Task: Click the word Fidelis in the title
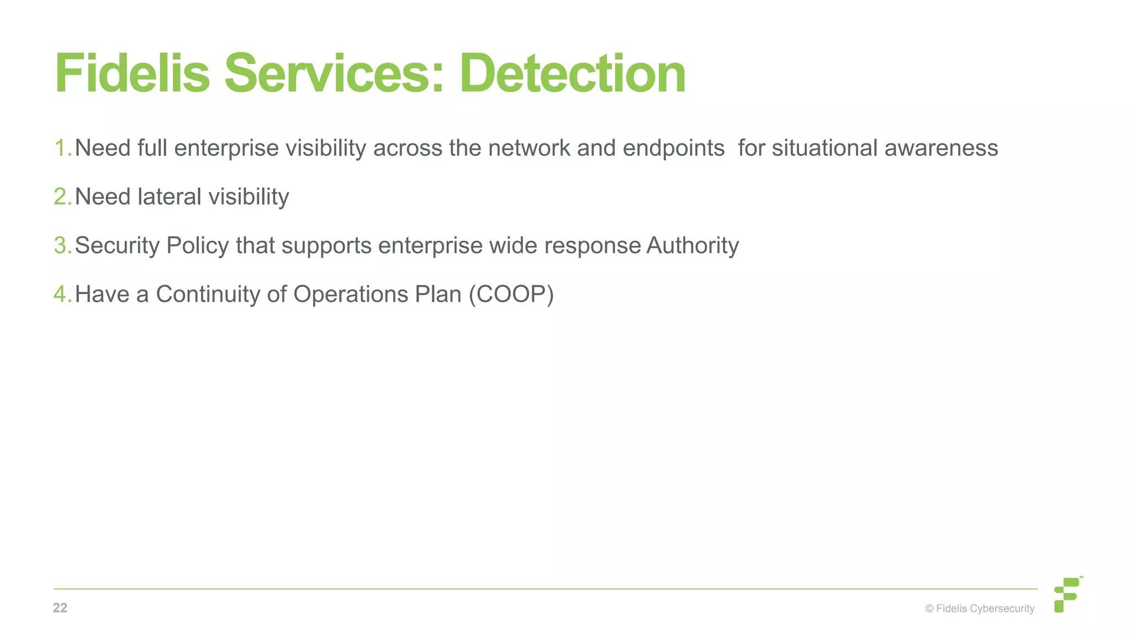pos(132,74)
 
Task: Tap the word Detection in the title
pos(572,74)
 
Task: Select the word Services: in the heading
pos(334,74)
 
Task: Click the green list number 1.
pos(61,148)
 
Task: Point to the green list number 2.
pos(61,197)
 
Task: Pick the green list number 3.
pos(61,245)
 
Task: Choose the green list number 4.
pos(61,294)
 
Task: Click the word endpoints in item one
pos(673,149)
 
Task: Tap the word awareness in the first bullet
pos(941,149)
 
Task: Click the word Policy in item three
pos(197,246)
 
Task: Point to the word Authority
pos(693,246)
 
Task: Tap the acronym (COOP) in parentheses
pos(511,294)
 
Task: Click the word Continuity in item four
pos(208,294)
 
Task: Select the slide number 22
pos(60,608)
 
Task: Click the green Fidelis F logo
pos(1067,595)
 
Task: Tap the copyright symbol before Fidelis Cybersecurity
pos(929,608)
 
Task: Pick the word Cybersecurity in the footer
pos(1002,609)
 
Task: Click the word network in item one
pos(529,149)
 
